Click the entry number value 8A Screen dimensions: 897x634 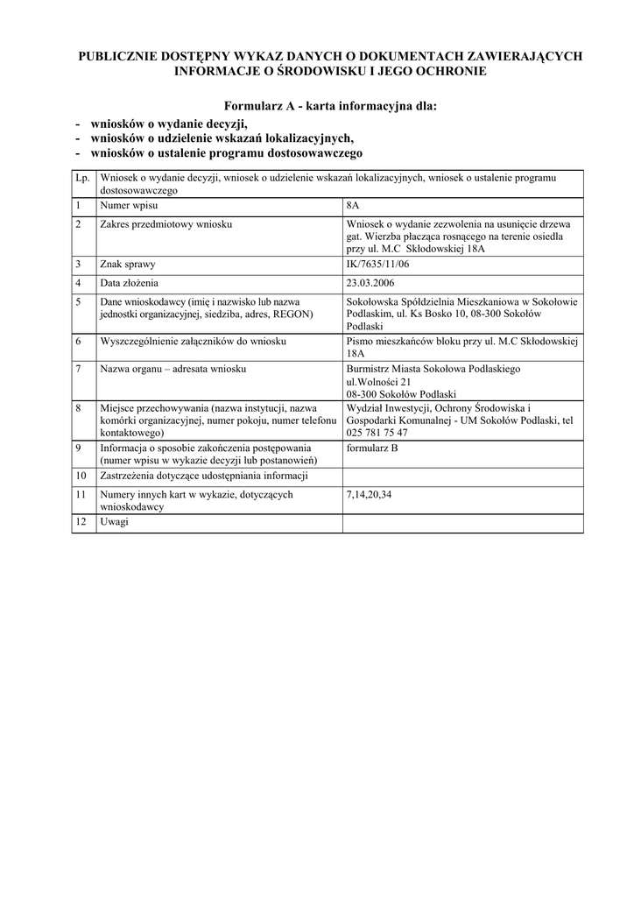[x=353, y=205]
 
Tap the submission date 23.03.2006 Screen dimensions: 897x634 [x=370, y=283]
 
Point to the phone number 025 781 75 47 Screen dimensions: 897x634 [x=377, y=432]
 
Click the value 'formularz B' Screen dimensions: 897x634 [x=372, y=448]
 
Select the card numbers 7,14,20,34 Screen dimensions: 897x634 [x=370, y=495]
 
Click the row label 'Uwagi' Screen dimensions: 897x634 [x=114, y=522]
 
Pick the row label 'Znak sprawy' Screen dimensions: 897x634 [x=127, y=263]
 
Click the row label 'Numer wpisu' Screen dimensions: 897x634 [x=129, y=205]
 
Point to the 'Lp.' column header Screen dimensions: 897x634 [x=83, y=178]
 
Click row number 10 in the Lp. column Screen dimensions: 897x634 [x=81, y=477]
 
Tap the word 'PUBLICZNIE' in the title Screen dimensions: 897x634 [x=120, y=56]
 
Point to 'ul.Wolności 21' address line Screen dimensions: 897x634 [x=379, y=382]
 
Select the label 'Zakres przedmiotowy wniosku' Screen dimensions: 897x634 [x=166, y=224]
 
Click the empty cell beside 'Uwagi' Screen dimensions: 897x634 [x=461, y=522]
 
